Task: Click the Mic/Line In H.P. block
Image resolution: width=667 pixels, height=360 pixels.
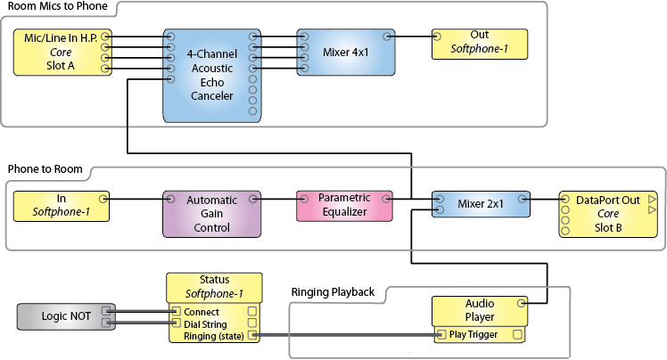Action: [62, 53]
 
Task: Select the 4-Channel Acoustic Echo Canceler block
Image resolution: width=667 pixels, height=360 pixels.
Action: [212, 76]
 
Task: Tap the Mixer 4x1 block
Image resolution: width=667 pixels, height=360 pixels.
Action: [345, 53]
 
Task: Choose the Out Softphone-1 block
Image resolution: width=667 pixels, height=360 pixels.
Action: [480, 44]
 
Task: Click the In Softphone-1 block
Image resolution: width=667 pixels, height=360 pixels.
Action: [62, 206]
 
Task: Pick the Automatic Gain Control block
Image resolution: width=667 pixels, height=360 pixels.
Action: [212, 214]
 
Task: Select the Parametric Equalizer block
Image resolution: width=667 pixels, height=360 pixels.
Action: [344, 206]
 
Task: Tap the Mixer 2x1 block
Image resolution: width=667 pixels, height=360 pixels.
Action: [481, 204]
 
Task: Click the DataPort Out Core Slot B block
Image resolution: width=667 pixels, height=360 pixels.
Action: [608, 214]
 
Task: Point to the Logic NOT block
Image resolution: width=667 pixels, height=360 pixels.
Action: [66, 316]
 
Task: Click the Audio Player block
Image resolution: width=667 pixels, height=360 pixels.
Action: [480, 311]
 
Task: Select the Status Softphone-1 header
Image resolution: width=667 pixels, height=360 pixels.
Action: [214, 288]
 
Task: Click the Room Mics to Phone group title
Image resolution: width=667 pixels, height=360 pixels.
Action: [57, 6]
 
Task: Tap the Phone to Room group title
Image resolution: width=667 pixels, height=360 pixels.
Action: [45, 169]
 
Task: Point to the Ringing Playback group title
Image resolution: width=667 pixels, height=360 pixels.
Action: [333, 292]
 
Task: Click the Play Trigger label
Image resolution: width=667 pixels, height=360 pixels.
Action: [473, 334]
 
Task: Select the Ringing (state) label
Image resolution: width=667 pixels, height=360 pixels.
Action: [213, 336]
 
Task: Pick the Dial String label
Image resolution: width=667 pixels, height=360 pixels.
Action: [205, 324]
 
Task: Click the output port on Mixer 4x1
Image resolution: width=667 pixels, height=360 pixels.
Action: [387, 37]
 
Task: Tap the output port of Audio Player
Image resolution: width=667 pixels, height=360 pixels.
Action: [521, 303]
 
